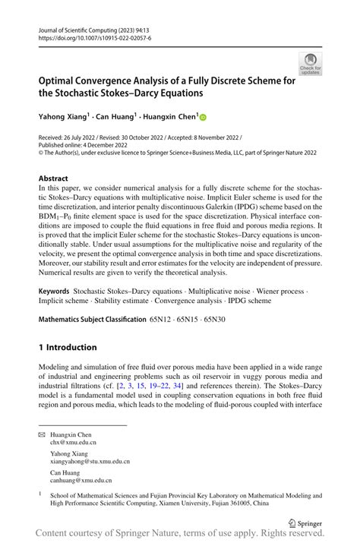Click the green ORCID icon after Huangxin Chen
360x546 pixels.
tap(204, 117)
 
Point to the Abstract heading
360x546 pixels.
tap(58, 178)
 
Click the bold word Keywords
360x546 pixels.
tap(55, 292)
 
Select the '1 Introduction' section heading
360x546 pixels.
tap(68, 347)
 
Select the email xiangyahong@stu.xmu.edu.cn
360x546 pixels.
tap(90, 461)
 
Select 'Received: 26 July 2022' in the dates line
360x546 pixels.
tap(70, 137)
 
